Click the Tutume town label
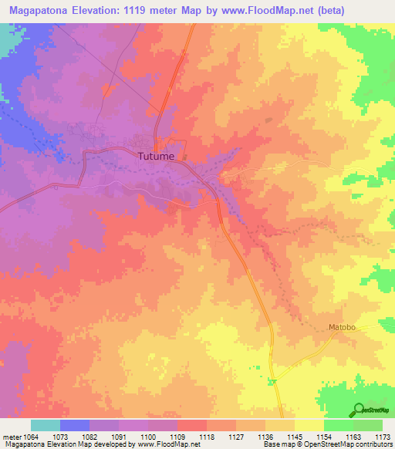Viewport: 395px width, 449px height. [156, 156]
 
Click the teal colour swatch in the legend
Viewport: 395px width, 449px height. [46, 425]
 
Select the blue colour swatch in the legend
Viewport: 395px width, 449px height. [75, 425]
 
